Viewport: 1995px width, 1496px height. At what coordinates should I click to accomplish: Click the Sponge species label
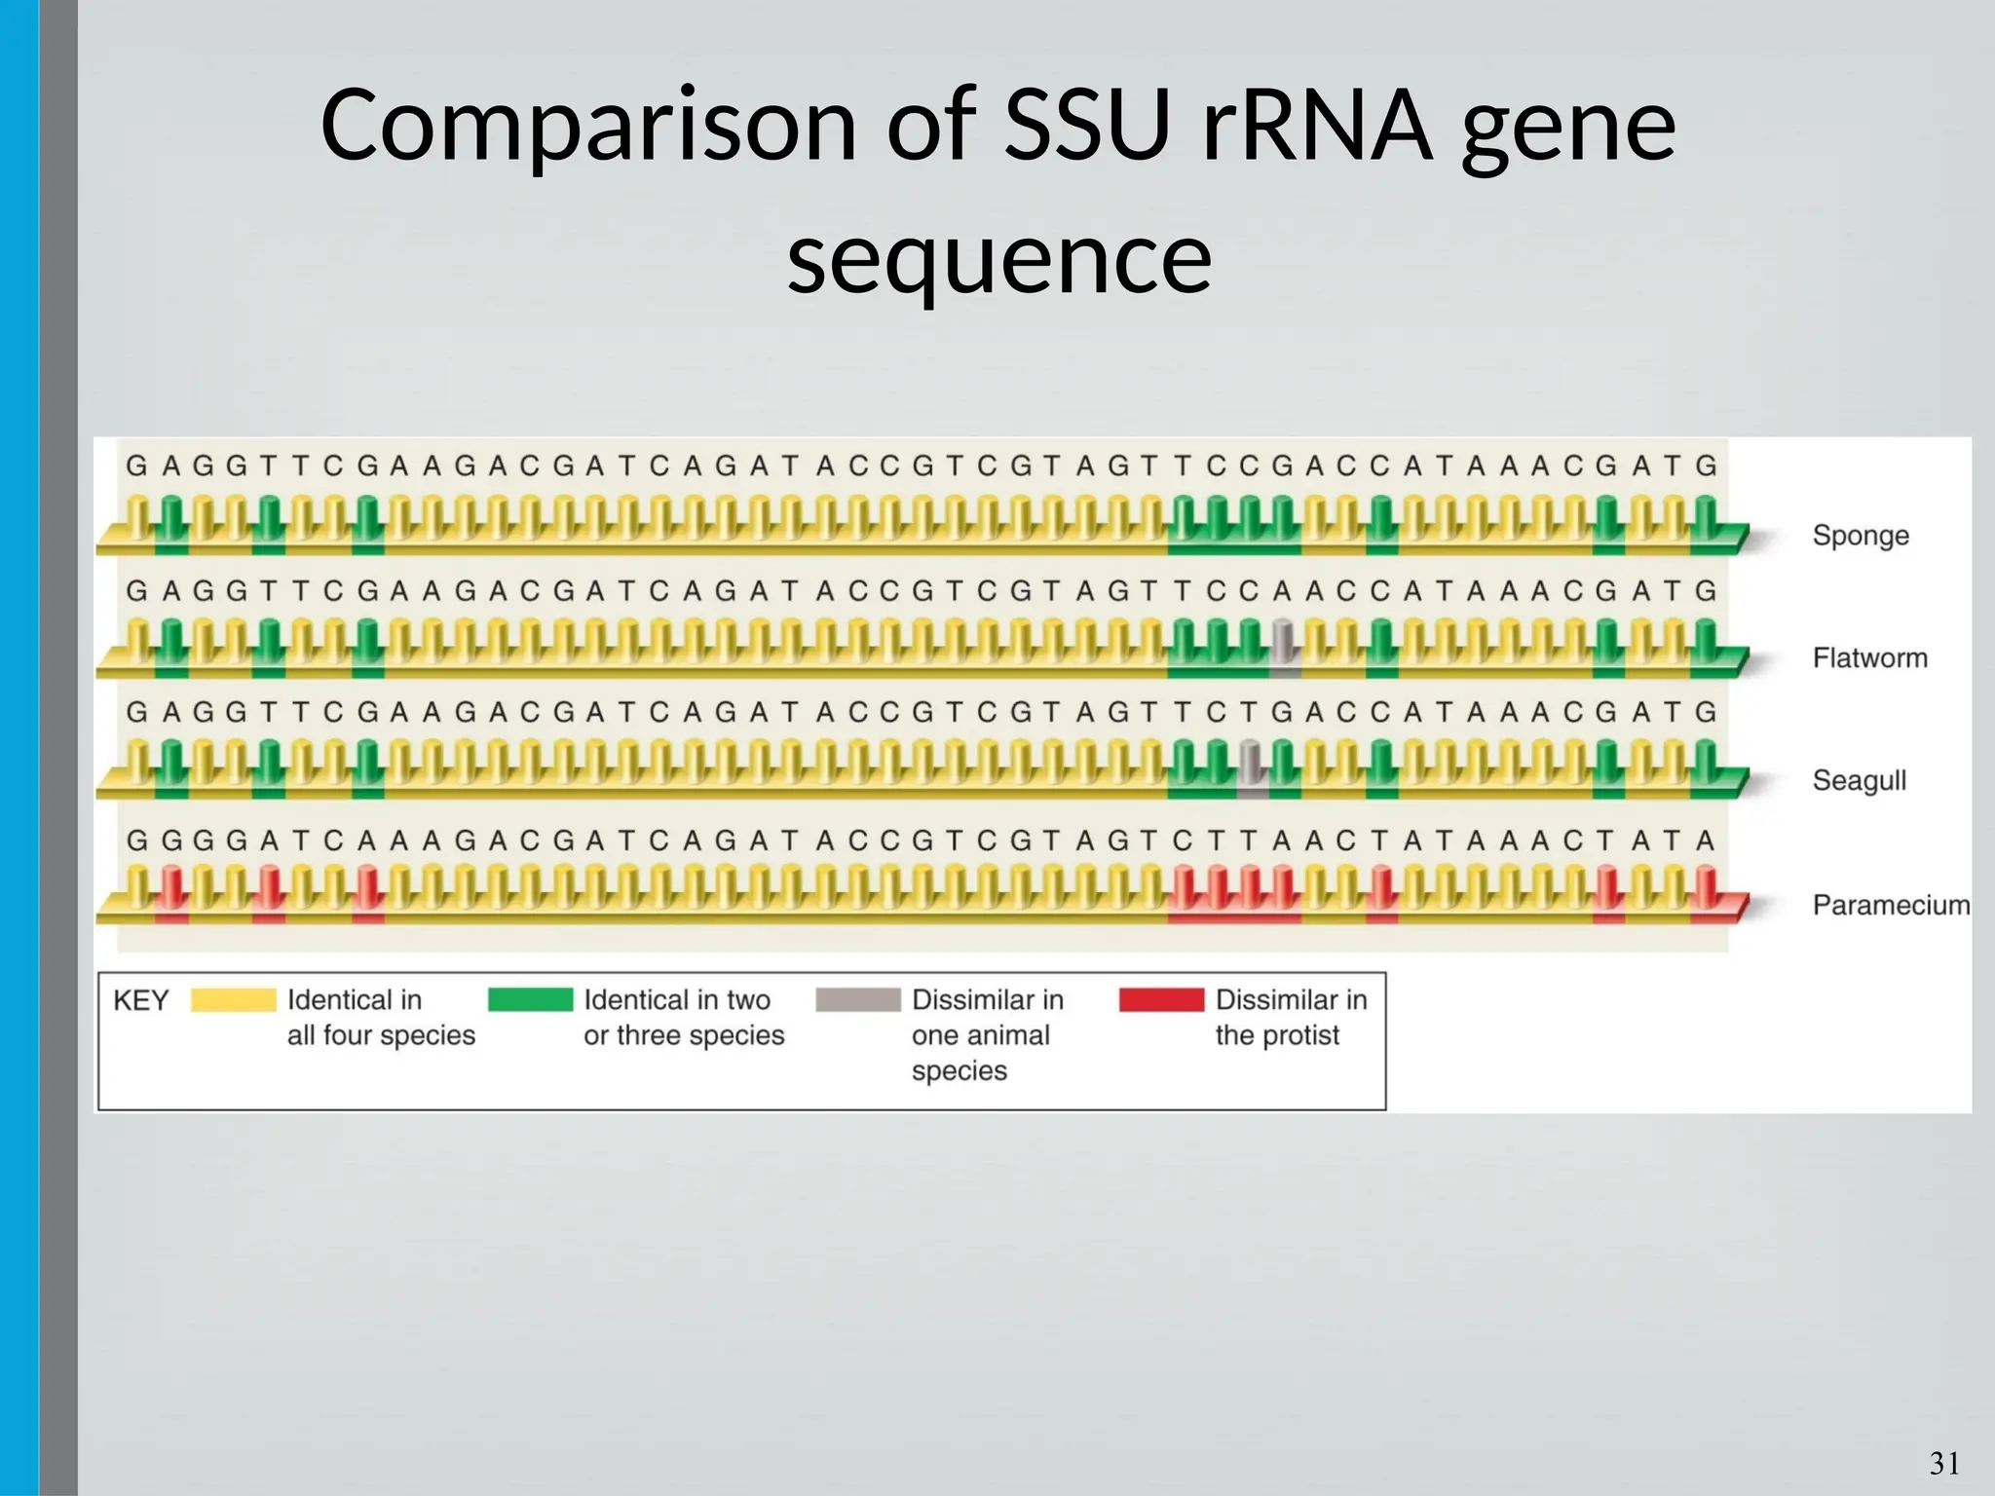click(1860, 536)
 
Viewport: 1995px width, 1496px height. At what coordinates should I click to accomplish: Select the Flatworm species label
click(1869, 658)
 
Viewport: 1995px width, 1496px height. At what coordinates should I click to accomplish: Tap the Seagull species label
click(1859, 780)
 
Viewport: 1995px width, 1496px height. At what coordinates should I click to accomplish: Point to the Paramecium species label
click(1890, 906)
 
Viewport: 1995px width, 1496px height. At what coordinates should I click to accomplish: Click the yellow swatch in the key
click(234, 1000)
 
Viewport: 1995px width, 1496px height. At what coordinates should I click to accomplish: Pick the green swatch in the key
click(530, 1000)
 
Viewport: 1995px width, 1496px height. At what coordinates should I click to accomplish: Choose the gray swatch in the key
click(857, 1000)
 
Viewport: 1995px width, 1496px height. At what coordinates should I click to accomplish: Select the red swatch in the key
click(1161, 1000)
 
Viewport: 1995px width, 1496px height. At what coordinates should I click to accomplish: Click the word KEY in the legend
click(141, 1001)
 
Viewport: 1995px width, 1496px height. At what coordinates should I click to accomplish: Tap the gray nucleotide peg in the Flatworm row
click(1284, 643)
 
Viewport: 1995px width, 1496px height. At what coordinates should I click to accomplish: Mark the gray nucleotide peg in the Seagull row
click(1252, 765)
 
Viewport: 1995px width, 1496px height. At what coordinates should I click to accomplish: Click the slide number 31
click(1944, 1463)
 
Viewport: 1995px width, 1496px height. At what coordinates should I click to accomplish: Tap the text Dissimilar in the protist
click(1290, 1018)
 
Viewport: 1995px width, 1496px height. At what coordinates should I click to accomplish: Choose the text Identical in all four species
click(380, 1018)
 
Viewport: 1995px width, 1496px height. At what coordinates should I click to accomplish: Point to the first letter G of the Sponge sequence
click(137, 467)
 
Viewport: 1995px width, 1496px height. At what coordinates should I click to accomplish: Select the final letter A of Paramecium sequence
click(1705, 841)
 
